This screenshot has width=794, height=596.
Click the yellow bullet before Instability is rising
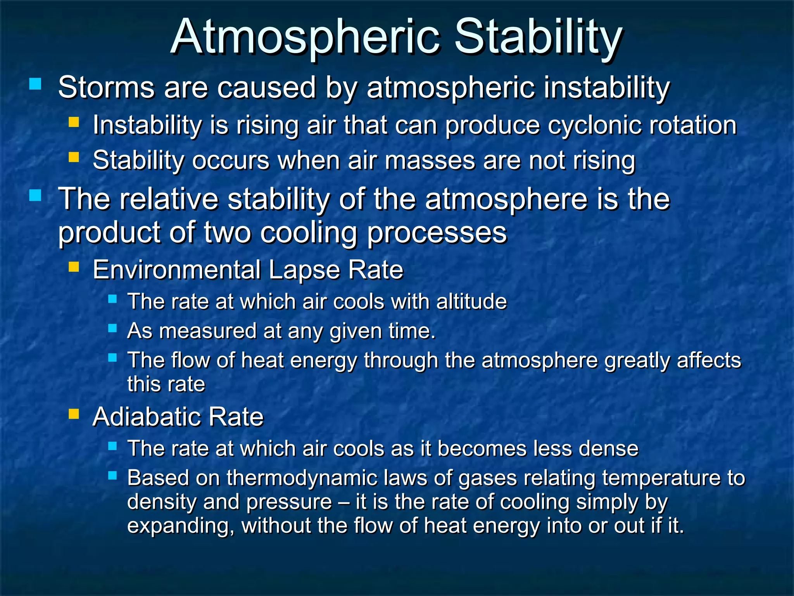pyautogui.click(x=74, y=122)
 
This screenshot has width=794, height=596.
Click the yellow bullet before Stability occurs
pyautogui.click(x=74, y=157)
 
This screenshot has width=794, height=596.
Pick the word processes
pyautogui.click(x=437, y=233)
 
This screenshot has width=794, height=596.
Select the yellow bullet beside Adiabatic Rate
pyautogui.click(x=74, y=414)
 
